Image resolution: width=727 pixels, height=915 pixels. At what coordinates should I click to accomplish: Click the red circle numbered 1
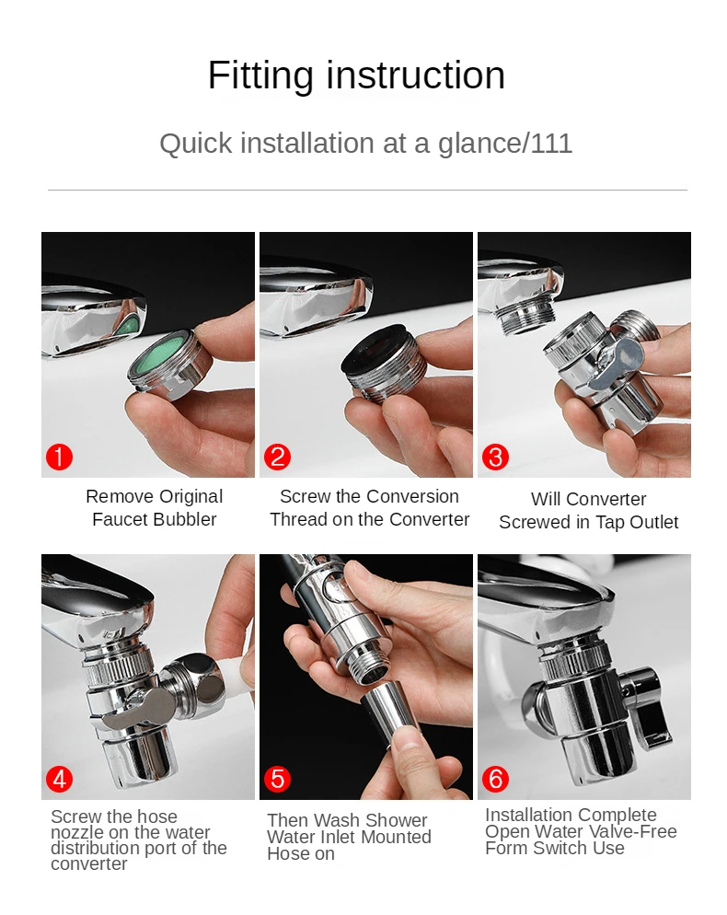(x=60, y=457)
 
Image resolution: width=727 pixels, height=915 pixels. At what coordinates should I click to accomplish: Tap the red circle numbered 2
(x=277, y=457)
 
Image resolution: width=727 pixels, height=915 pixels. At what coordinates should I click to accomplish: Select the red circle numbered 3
(x=495, y=457)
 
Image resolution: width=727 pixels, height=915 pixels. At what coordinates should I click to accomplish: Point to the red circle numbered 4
(x=60, y=779)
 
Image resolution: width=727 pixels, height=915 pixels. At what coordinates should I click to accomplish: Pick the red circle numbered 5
(x=277, y=779)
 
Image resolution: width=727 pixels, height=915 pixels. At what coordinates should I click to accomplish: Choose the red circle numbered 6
(x=495, y=779)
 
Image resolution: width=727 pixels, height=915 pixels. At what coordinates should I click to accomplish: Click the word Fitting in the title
(x=260, y=75)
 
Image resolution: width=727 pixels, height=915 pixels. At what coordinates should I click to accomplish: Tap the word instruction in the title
(x=415, y=75)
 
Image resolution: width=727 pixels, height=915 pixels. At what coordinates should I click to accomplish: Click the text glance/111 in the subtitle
(x=505, y=144)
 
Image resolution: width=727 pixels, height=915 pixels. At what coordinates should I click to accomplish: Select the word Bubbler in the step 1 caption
(x=186, y=519)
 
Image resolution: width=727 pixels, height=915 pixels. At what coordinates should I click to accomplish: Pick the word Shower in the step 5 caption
(x=397, y=820)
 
